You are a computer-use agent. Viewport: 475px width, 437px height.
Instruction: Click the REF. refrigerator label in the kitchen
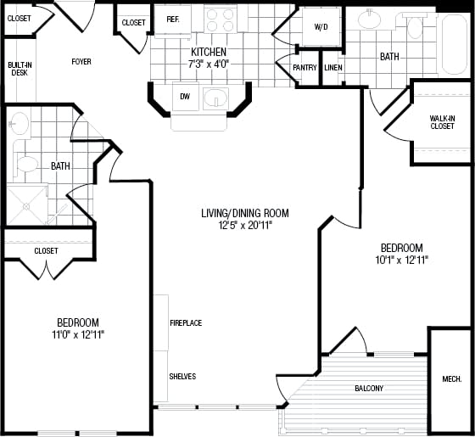tap(173, 20)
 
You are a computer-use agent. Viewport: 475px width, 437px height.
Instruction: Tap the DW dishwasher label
tap(185, 96)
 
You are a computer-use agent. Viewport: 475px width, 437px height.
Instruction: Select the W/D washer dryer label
tap(321, 27)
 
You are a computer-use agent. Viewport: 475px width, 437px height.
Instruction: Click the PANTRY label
tap(305, 68)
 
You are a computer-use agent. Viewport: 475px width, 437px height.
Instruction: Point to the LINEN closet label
tap(333, 68)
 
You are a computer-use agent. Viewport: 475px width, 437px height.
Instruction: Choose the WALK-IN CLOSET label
tap(441, 122)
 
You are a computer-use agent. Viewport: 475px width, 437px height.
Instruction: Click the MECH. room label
tap(451, 379)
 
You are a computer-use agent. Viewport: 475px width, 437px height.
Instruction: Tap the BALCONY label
tap(369, 389)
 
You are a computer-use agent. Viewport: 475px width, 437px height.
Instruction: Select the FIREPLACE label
tap(185, 323)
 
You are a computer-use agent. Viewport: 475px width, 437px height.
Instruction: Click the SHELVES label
tap(182, 377)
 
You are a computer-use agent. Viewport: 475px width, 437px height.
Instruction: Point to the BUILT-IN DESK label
tap(18, 69)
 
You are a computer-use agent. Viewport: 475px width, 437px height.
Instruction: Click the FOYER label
tap(81, 62)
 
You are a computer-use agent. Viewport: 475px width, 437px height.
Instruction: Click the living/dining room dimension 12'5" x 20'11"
tap(244, 225)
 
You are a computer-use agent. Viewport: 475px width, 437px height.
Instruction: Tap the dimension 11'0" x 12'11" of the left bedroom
tap(78, 334)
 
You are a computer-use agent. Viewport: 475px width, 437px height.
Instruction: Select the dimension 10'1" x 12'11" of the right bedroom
tap(403, 259)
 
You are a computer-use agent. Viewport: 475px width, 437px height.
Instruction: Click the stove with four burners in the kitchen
tap(221, 20)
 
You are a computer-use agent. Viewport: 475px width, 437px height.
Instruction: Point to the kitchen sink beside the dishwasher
tap(216, 97)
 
